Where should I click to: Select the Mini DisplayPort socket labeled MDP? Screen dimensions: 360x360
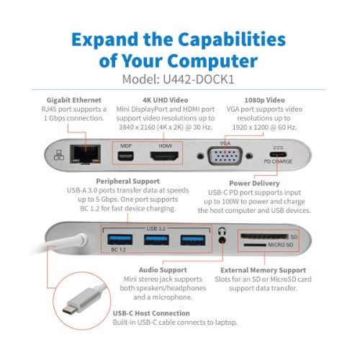click(124, 158)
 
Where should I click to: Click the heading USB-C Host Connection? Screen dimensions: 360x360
click(152, 313)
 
